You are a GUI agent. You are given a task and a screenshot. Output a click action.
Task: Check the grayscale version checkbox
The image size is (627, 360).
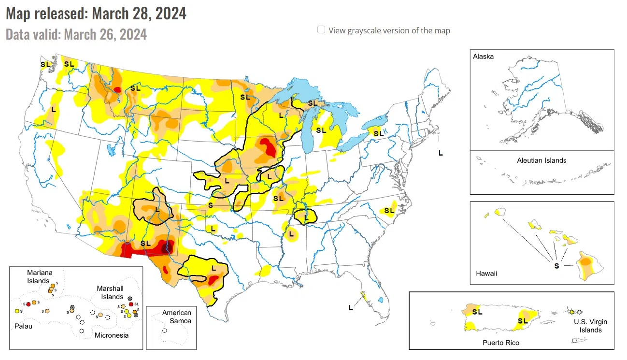(321, 30)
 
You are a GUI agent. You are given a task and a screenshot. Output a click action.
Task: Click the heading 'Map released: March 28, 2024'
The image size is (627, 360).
(96, 14)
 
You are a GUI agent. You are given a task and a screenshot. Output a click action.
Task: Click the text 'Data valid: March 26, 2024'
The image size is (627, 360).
(76, 34)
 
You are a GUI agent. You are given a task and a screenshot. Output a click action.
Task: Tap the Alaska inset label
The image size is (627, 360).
(483, 57)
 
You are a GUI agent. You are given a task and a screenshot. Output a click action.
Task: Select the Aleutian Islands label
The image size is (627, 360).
(541, 160)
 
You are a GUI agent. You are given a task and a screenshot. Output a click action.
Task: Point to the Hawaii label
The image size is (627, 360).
(485, 274)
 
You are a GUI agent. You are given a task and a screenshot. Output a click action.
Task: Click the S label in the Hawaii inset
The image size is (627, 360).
(556, 266)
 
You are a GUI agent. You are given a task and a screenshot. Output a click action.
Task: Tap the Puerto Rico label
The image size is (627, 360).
(501, 343)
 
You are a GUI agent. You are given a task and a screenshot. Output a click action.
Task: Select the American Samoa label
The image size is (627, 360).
(176, 317)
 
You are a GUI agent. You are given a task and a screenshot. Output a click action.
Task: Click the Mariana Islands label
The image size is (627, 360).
(38, 277)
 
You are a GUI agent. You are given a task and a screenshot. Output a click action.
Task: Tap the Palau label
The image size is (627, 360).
(23, 326)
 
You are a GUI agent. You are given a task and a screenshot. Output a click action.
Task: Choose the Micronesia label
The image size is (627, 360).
(112, 335)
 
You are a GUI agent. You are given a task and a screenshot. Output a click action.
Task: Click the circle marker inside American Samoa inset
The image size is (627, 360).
(165, 331)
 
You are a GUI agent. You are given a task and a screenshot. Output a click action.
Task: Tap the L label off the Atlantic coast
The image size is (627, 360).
(440, 153)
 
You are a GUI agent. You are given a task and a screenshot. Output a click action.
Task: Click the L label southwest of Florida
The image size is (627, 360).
(350, 307)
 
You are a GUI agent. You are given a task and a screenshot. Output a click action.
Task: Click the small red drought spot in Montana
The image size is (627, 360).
(118, 89)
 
